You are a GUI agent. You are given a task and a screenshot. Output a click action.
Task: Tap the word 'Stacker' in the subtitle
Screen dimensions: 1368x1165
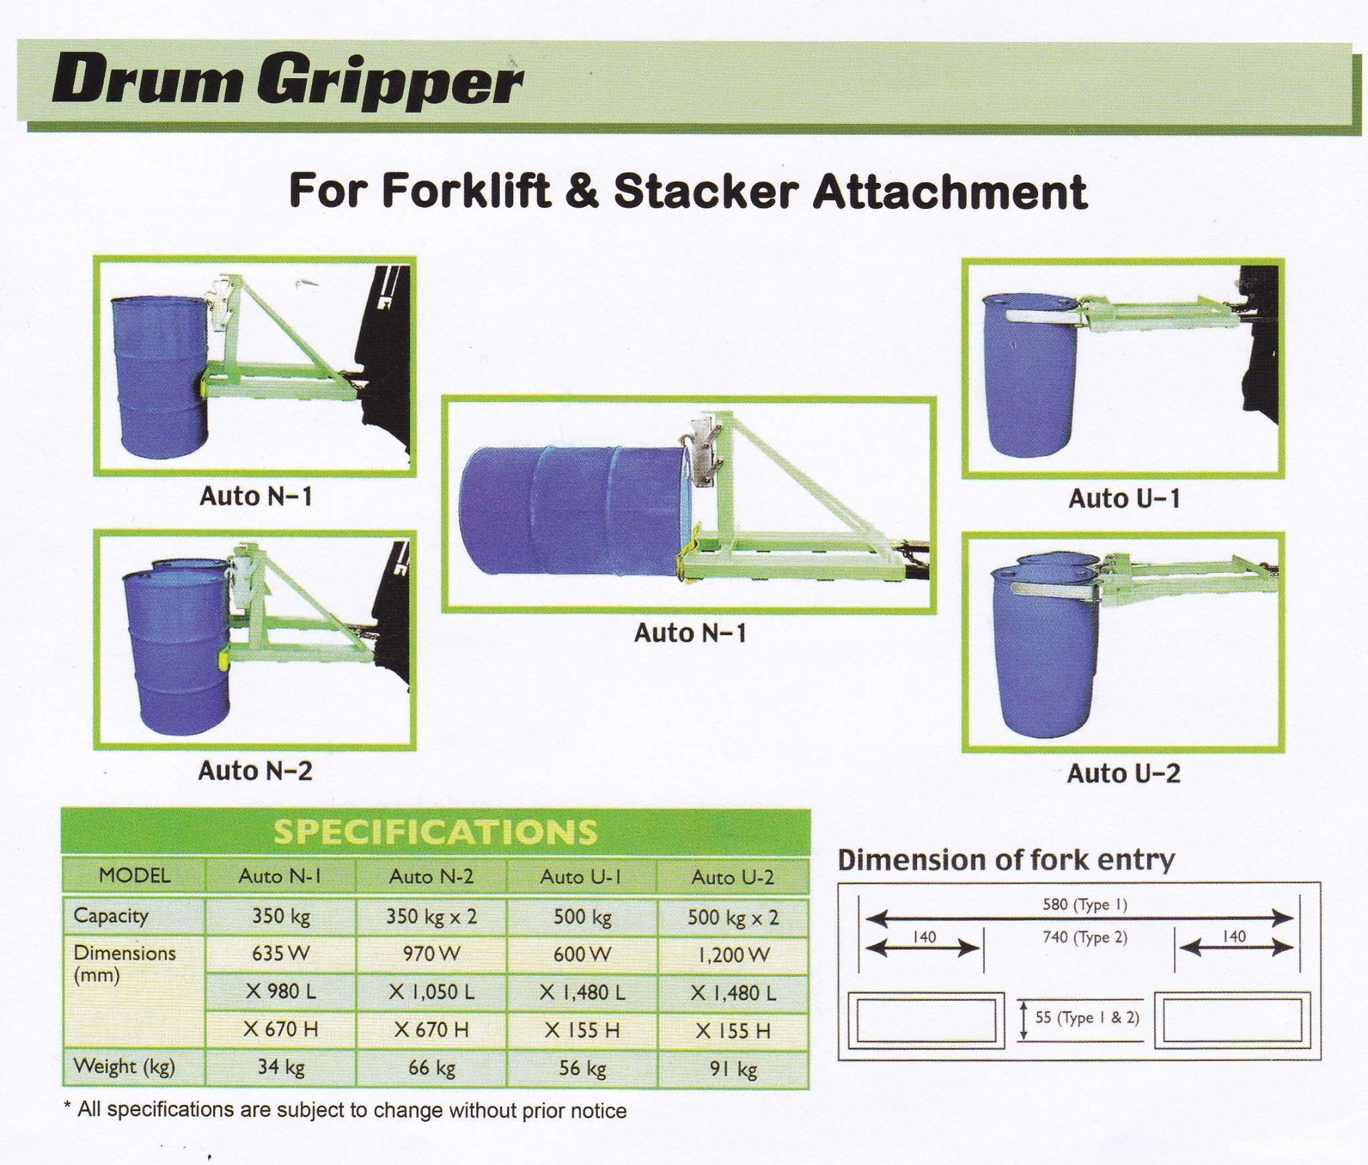705,192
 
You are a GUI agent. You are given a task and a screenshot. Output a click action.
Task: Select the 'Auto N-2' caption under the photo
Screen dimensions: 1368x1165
255,771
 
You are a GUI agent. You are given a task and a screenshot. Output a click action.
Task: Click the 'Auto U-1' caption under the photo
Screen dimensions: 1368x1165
1124,499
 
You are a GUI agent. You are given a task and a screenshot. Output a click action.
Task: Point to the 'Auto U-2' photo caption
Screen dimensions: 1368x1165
1124,774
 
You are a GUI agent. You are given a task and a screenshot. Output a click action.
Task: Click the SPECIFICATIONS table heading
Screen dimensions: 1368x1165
436,833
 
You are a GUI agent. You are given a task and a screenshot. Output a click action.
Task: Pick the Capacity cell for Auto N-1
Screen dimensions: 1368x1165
281,916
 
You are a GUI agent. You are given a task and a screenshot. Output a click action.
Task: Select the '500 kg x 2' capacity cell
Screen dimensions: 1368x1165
733,917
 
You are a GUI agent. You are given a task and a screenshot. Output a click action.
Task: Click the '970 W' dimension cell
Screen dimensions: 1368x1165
432,953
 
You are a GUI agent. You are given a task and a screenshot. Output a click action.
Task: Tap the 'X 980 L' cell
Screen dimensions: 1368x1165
281,991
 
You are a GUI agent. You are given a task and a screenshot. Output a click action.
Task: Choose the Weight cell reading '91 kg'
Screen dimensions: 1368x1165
733,1070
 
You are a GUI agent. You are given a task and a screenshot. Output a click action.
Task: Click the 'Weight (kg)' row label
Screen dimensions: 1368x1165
124,1067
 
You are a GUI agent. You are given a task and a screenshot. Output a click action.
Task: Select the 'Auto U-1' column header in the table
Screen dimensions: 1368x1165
581,877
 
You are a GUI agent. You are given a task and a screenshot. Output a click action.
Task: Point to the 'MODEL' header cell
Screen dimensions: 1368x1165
134,875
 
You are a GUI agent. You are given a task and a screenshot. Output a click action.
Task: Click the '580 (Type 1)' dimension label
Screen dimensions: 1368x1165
1085,905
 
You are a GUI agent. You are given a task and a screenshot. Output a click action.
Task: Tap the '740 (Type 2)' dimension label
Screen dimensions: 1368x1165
1085,938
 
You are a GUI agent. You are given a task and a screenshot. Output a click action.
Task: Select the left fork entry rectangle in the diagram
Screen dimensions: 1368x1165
926,1019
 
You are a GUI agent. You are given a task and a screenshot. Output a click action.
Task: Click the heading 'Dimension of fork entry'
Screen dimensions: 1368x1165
1006,860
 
